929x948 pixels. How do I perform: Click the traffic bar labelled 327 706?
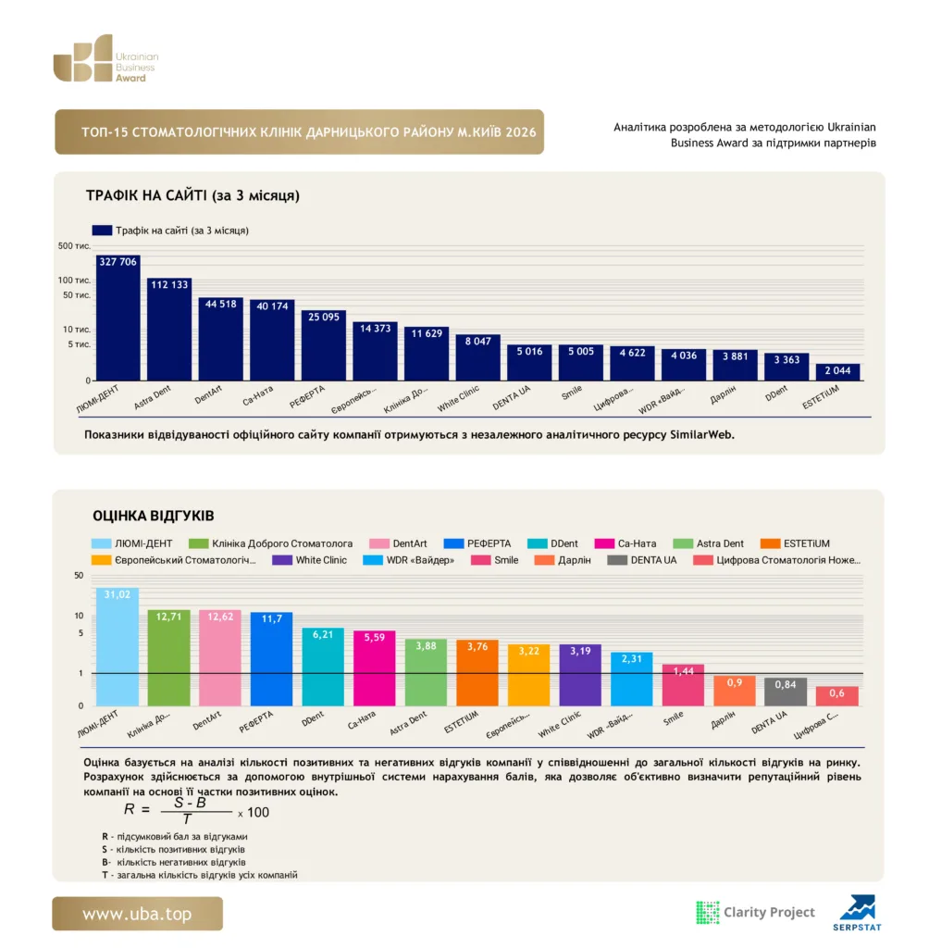[x=118, y=318]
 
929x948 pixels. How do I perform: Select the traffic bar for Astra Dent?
[x=169, y=329]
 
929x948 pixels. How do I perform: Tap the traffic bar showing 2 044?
[x=837, y=372]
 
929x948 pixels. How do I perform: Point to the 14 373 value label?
[x=376, y=329]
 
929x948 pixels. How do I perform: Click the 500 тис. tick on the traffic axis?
[x=74, y=246]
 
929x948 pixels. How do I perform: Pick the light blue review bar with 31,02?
[x=118, y=647]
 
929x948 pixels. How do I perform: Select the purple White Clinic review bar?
[x=580, y=675]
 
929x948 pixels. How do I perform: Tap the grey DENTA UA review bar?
[x=786, y=692]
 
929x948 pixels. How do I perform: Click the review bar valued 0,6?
[x=837, y=696]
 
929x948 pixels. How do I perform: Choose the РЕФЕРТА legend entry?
[x=477, y=543]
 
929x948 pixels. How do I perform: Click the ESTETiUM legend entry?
[x=795, y=543]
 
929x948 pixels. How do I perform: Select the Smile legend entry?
[x=495, y=560]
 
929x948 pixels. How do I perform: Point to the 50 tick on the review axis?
[x=79, y=576]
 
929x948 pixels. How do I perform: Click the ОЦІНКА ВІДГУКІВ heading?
[x=154, y=516]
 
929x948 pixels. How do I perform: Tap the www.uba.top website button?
[x=137, y=914]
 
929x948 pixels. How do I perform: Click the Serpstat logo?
[x=857, y=913]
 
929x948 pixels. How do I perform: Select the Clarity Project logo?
[x=756, y=912]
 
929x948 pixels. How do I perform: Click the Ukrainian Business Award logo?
[x=105, y=58]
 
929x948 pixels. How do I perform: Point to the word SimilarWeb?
[x=701, y=435]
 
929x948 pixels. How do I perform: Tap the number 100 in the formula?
[x=258, y=813]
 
